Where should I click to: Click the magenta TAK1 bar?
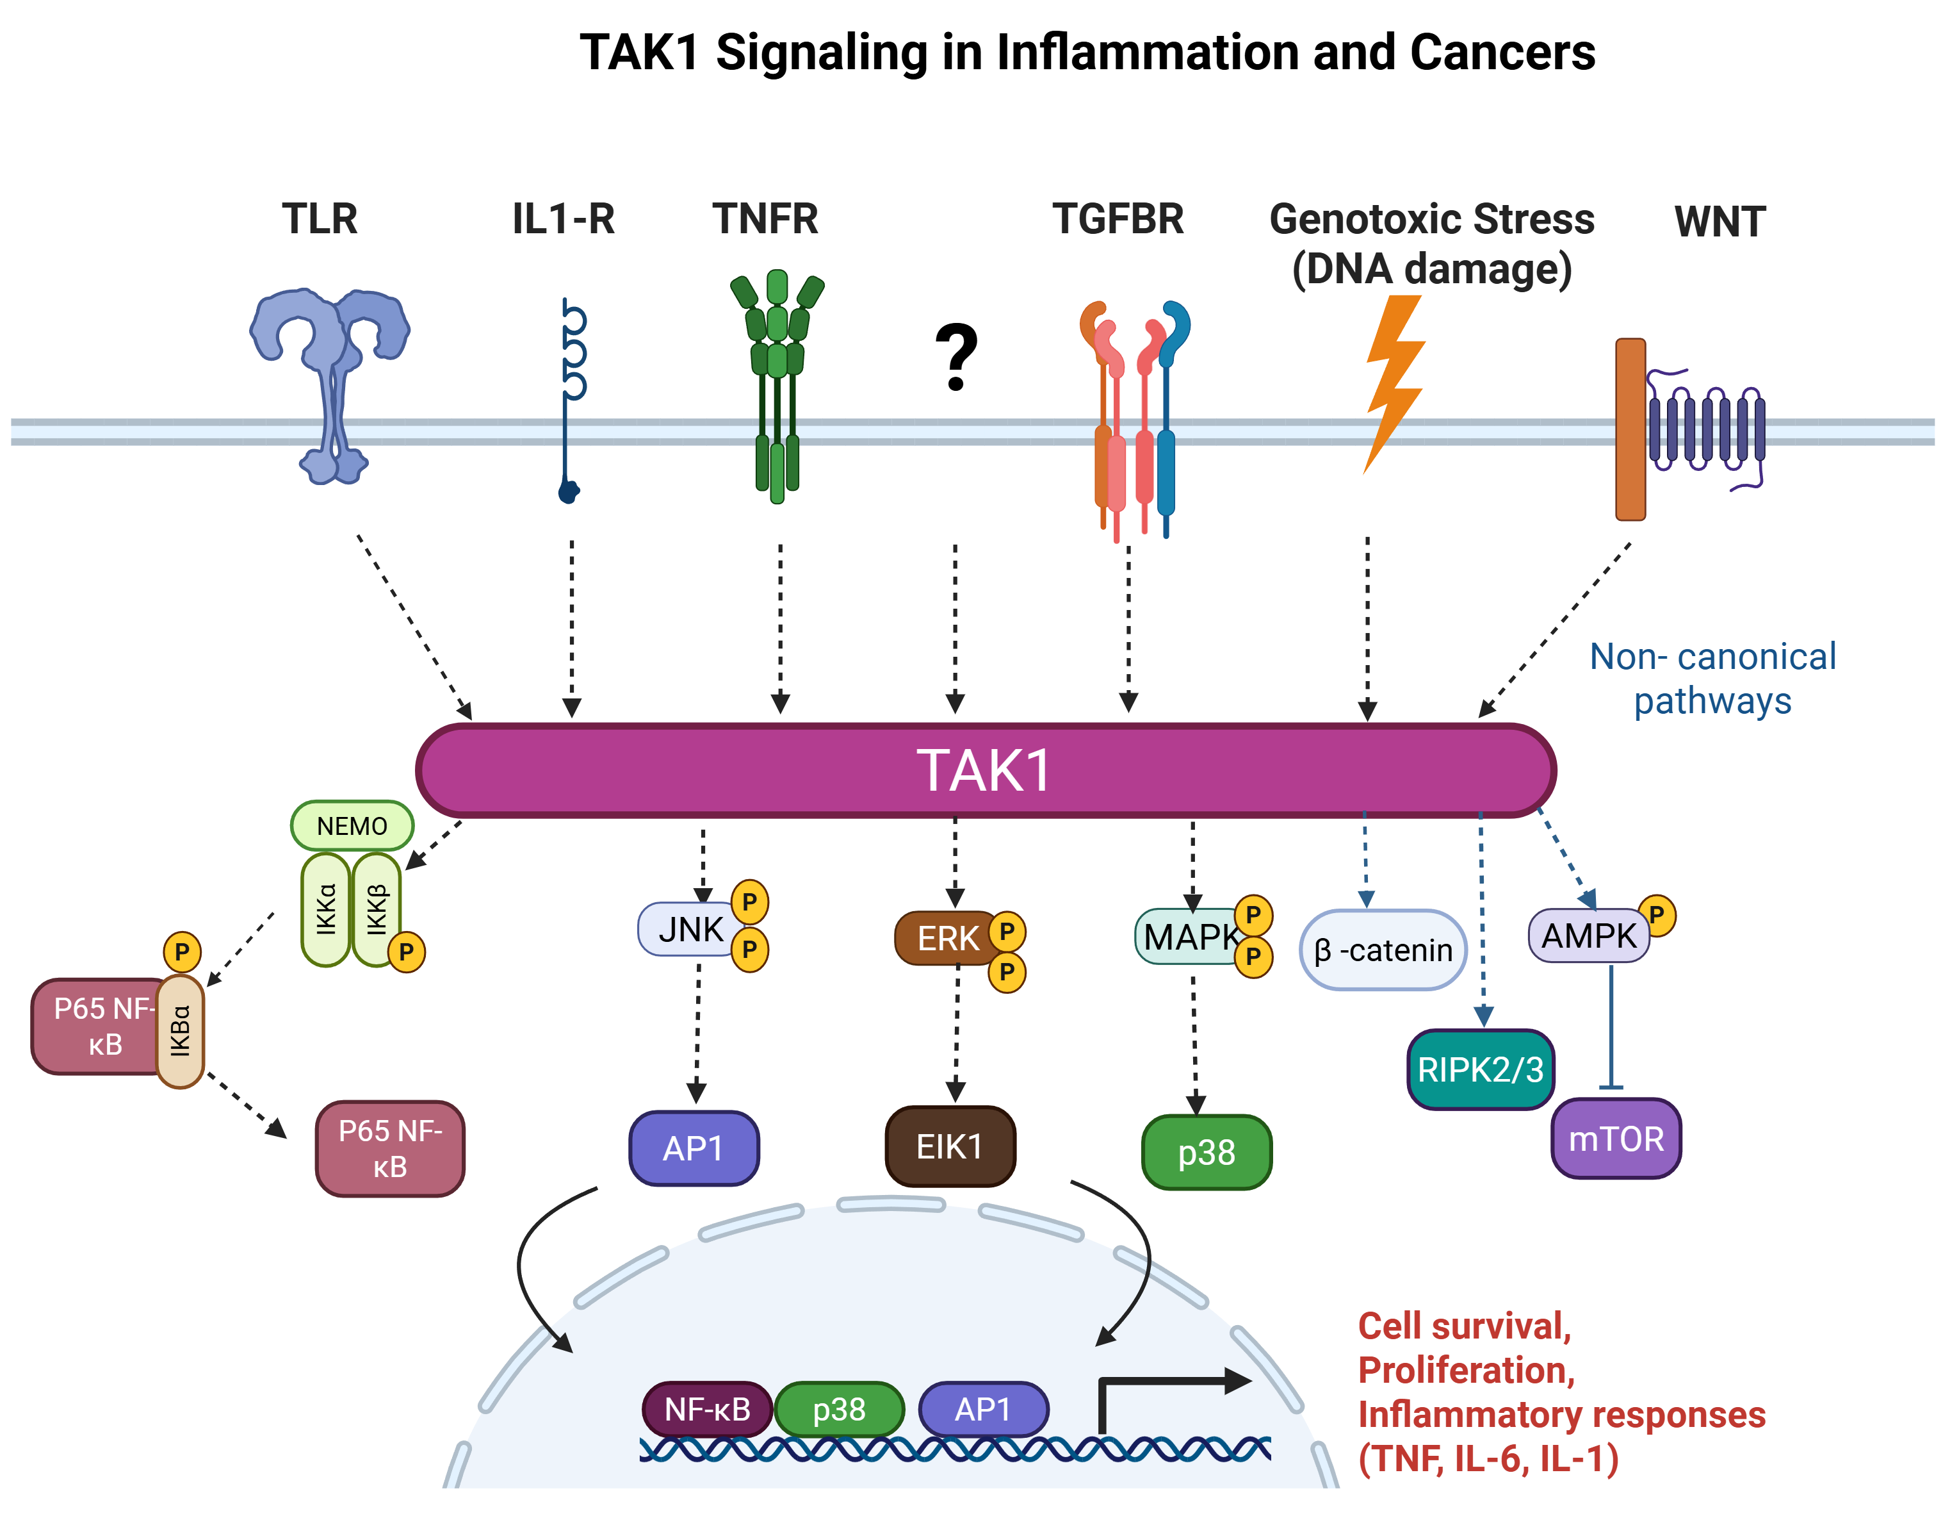pyautogui.click(x=986, y=770)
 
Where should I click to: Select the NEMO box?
pyautogui.click(x=352, y=826)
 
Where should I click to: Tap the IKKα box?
pyautogui.click(x=326, y=909)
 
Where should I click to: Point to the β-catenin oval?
pyautogui.click(x=1383, y=950)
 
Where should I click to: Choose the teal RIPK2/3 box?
pyautogui.click(x=1480, y=1069)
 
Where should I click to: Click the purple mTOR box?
pyautogui.click(x=1616, y=1139)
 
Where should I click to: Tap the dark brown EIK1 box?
pyautogui.click(x=950, y=1146)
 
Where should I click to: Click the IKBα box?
pyautogui.click(x=181, y=1031)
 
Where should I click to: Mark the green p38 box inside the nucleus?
pyautogui.click(x=839, y=1409)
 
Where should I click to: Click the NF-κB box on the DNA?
pyautogui.click(x=707, y=1409)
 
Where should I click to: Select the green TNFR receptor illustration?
pyautogui.click(x=776, y=384)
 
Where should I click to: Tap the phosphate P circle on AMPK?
pyautogui.click(x=1657, y=914)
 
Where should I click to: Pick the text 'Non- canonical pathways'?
pyautogui.click(x=1712, y=679)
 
